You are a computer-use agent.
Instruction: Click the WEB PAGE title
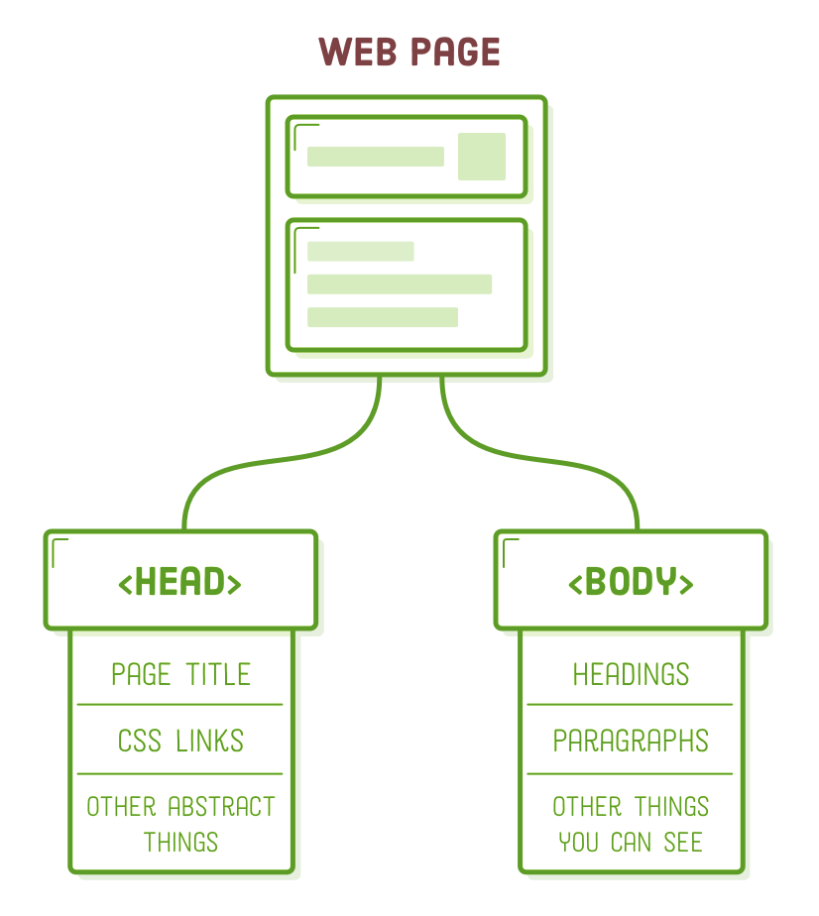pyautogui.click(x=409, y=52)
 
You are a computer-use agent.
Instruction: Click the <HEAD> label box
pyautogui.click(x=180, y=581)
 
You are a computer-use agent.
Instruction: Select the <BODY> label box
pyautogui.click(x=631, y=581)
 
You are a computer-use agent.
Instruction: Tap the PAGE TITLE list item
pyautogui.click(x=180, y=675)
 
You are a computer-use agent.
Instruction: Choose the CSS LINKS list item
pyautogui.click(x=180, y=741)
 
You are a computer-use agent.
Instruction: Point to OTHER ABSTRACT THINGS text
pyautogui.click(x=180, y=824)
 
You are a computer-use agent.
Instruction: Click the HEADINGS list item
pyautogui.click(x=631, y=675)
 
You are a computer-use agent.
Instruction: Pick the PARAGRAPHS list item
pyautogui.click(x=631, y=741)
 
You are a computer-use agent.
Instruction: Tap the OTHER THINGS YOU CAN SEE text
pyautogui.click(x=631, y=824)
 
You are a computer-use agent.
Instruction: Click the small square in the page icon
pyautogui.click(x=482, y=157)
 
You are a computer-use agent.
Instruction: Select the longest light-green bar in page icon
pyautogui.click(x=399, y=285)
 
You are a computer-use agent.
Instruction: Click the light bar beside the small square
pyautogui.click(x=375, y=157)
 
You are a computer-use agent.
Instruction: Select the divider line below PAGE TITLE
pyautogui.click(x=180, y=705)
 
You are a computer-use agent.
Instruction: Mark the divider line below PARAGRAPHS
pyautogui.click(x=631, y=773)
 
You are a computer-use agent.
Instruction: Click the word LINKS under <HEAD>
pyautogui.click(x=210, y=741)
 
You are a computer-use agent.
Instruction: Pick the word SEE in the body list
pyautogui.click(x=683, y=843)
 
